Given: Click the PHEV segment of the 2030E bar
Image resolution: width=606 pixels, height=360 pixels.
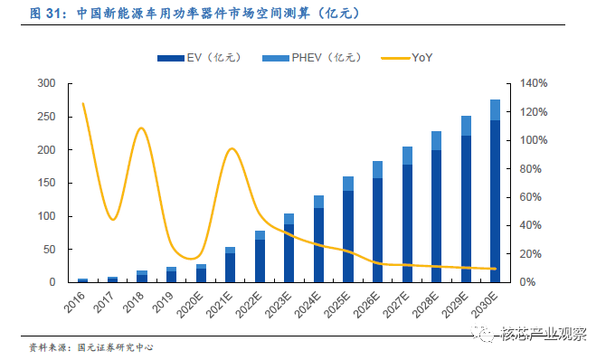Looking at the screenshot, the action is tap(495, 109).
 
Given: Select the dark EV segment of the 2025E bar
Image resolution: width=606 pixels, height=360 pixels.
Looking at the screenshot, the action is tap(348, 237).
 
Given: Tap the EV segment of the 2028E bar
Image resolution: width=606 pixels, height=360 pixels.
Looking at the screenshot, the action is tap(436, 216).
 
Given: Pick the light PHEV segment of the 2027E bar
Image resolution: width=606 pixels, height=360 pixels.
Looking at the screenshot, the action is tap(407, 156).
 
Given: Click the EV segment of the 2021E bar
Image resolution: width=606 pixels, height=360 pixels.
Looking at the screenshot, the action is tap(231, 268).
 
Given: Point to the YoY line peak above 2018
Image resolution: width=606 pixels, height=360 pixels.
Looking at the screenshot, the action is tap(141, 128).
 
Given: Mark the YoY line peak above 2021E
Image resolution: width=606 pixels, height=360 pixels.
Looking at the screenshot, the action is tap(232, 149).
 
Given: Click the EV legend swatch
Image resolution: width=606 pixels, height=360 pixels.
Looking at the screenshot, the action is tap(171, 59).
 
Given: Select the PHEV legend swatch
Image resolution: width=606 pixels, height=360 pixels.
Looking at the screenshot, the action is tap(276, 59).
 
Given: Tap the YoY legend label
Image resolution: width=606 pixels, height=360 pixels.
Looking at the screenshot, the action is tap(422, 58).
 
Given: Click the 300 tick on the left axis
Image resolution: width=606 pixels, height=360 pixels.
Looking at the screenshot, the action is tap(46, 83).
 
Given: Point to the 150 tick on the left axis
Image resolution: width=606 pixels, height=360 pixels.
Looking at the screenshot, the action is tap(46, 183).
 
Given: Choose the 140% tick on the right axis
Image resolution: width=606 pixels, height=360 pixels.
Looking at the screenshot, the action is tap(534, 83).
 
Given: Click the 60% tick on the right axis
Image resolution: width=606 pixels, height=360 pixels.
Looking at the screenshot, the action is tap(531, 197).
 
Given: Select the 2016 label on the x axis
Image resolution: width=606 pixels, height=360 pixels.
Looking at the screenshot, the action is tap(74, 302).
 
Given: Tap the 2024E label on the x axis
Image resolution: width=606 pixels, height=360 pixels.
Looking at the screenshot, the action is tap(308, 305).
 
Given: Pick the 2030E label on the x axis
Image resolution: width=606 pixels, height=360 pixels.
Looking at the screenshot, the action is tap(485, 305).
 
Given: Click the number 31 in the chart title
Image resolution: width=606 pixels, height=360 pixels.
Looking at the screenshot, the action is tap(53, 14).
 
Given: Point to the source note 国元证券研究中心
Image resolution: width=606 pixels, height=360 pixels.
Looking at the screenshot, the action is tap(115, 347).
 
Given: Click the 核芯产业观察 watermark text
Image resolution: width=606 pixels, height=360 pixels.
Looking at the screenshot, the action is tap(544, 334).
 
